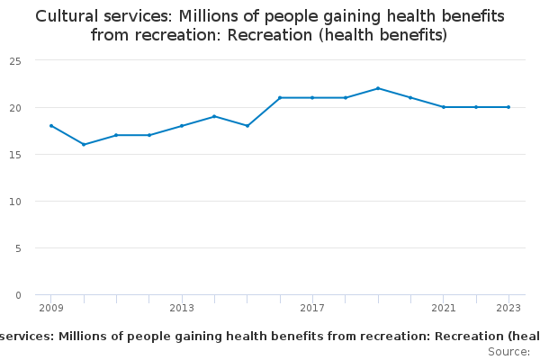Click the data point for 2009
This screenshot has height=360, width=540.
[51, 126]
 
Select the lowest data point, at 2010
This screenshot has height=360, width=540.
[84, 144]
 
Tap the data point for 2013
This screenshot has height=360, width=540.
[182, 126]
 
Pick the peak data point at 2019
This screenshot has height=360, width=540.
[378, 88]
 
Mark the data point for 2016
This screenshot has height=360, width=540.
[280, 97]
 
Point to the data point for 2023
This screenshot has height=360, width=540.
[508, 107]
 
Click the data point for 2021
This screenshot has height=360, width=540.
[444, 107]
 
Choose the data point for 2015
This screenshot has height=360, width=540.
[247, 125]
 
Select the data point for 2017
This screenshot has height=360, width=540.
[312, 97]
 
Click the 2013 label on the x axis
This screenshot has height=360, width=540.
[182, 308]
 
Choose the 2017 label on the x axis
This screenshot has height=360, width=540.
[312, 308]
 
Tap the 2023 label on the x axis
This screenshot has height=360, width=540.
[508, 308]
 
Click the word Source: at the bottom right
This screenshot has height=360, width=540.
[508, 351]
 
